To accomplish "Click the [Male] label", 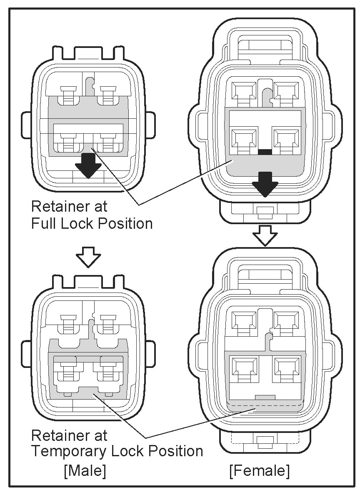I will point(85,471).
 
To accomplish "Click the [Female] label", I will point(259,471).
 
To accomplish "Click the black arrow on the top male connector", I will point(88,164).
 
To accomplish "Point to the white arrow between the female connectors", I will point(265,235).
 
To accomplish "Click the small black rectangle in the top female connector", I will point(265,152).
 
